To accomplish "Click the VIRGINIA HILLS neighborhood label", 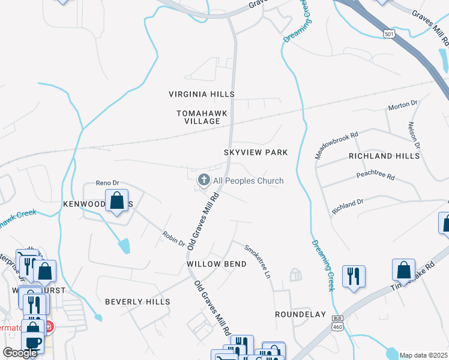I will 201,94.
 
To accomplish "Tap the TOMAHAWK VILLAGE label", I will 198,117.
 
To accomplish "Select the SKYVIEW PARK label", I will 256,152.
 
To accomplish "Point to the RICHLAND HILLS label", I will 384,156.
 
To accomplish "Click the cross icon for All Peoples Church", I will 204,179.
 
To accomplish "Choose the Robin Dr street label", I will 173,238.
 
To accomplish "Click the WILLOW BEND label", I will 216,264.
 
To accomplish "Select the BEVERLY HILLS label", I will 138,302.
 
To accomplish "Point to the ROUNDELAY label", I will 300,314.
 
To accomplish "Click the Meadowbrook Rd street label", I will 336,145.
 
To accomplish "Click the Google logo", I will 20,353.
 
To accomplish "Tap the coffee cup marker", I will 32,342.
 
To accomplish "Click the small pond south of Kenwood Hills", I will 124,245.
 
